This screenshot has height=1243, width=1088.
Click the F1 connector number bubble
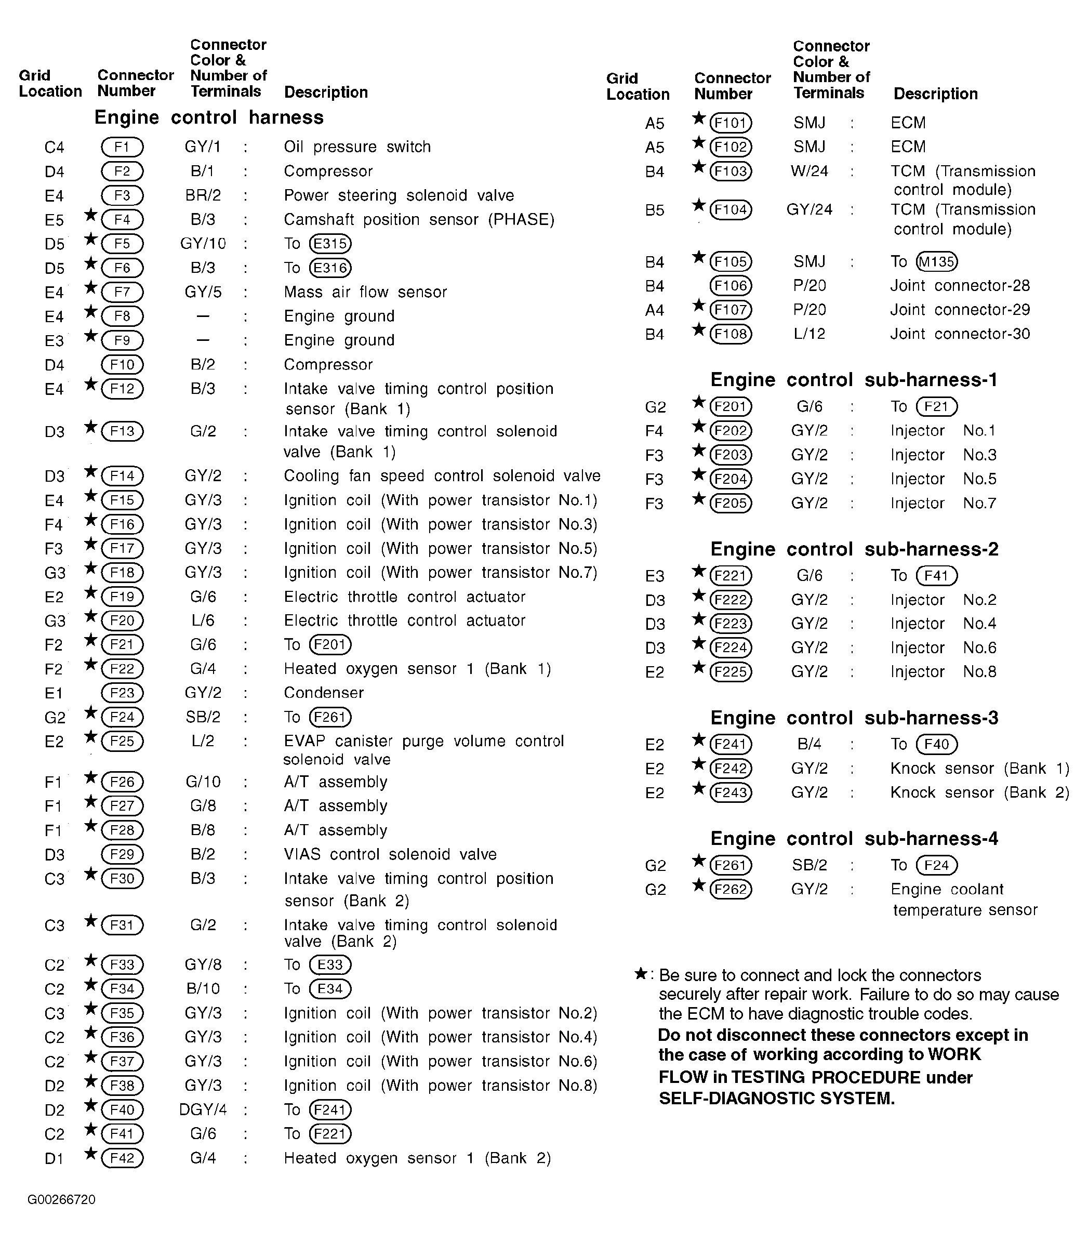pos(122,147)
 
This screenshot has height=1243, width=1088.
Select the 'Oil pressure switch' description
pos(357,147)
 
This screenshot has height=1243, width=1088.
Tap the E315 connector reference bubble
pos(330,244)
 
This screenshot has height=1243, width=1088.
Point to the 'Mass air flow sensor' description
pos(365,292)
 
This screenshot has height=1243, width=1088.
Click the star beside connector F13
pos(91,428)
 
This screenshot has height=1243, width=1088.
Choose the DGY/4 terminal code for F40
pos(203,1109)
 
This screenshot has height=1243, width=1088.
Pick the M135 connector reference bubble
pos(937,262)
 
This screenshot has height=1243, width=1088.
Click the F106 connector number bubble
pos(731,285)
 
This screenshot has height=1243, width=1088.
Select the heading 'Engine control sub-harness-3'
pos(854,718)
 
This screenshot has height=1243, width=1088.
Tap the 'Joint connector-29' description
pos(960,310)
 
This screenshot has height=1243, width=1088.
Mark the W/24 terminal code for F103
pos(810,171)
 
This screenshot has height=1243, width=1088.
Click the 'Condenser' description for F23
pos(324,693)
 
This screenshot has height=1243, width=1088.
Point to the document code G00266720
pos(61,1199)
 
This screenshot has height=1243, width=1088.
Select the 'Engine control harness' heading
pos(209,117)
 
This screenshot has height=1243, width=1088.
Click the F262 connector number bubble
pos(731,889)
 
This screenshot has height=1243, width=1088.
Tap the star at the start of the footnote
pos(641,974)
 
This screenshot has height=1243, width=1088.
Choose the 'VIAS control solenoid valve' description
pos(390,854)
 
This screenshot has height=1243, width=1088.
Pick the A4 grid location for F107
pos(655,310)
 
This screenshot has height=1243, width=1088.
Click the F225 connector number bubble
pos(731,671)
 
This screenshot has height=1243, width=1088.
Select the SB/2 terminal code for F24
pos(203,717)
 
